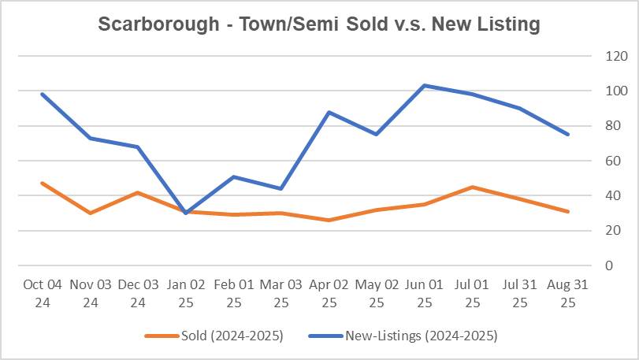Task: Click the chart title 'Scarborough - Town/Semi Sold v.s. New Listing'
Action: pyautogui.click(x=319, y=24)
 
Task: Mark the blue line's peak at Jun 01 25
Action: pyautogui.click(x=424, y=85)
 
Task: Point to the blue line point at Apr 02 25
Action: pyautogui.click(x=329, y=112)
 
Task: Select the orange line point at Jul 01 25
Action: pyautogui.click(x=472, y=187)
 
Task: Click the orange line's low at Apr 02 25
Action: pyautogui.click(x=329, y=220)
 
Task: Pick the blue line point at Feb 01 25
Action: pyautogui.click(x=233, y=176)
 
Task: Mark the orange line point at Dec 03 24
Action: pyautogui.click(x=137, y=192)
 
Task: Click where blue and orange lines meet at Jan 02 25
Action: pyautogui.click(x=185, y=212)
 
